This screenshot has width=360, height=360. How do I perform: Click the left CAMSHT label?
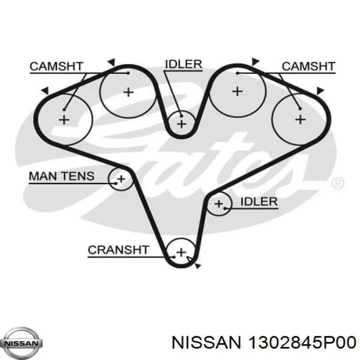click(x=56, y=66)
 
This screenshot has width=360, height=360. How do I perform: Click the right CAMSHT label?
click(x=309, y=66)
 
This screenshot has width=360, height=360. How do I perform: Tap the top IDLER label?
click(x=184, y=64)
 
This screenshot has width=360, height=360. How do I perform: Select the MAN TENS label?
click(x=62, y=176)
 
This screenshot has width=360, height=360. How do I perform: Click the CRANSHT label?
click(x=118, y=250)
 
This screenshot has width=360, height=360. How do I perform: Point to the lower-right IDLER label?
click(x=259, y=202)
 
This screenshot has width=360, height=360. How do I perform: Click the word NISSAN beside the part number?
click(x=207, y=343)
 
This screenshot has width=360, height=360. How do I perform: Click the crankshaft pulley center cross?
click(x=182, y=253)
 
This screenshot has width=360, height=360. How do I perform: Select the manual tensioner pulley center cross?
click(x=121, y=178)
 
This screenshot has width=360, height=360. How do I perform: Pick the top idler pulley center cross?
click(x=182, y=124)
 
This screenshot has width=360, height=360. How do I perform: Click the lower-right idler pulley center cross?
click(x=219, y=204)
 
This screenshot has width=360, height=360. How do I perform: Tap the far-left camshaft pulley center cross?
click(x=64, y=120)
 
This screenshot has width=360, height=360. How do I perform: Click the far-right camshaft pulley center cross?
click(x=300, y=119)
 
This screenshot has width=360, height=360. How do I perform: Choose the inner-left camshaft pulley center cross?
click(x=129, y=92)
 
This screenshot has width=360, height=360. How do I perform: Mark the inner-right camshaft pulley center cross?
click(x=238, y=92)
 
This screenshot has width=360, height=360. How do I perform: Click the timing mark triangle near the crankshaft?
click(x=197, y=266)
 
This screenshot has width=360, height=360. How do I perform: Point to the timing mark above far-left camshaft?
click(x=45, y=91)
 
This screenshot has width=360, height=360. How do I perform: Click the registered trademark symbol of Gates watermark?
click(x=338, y=184)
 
